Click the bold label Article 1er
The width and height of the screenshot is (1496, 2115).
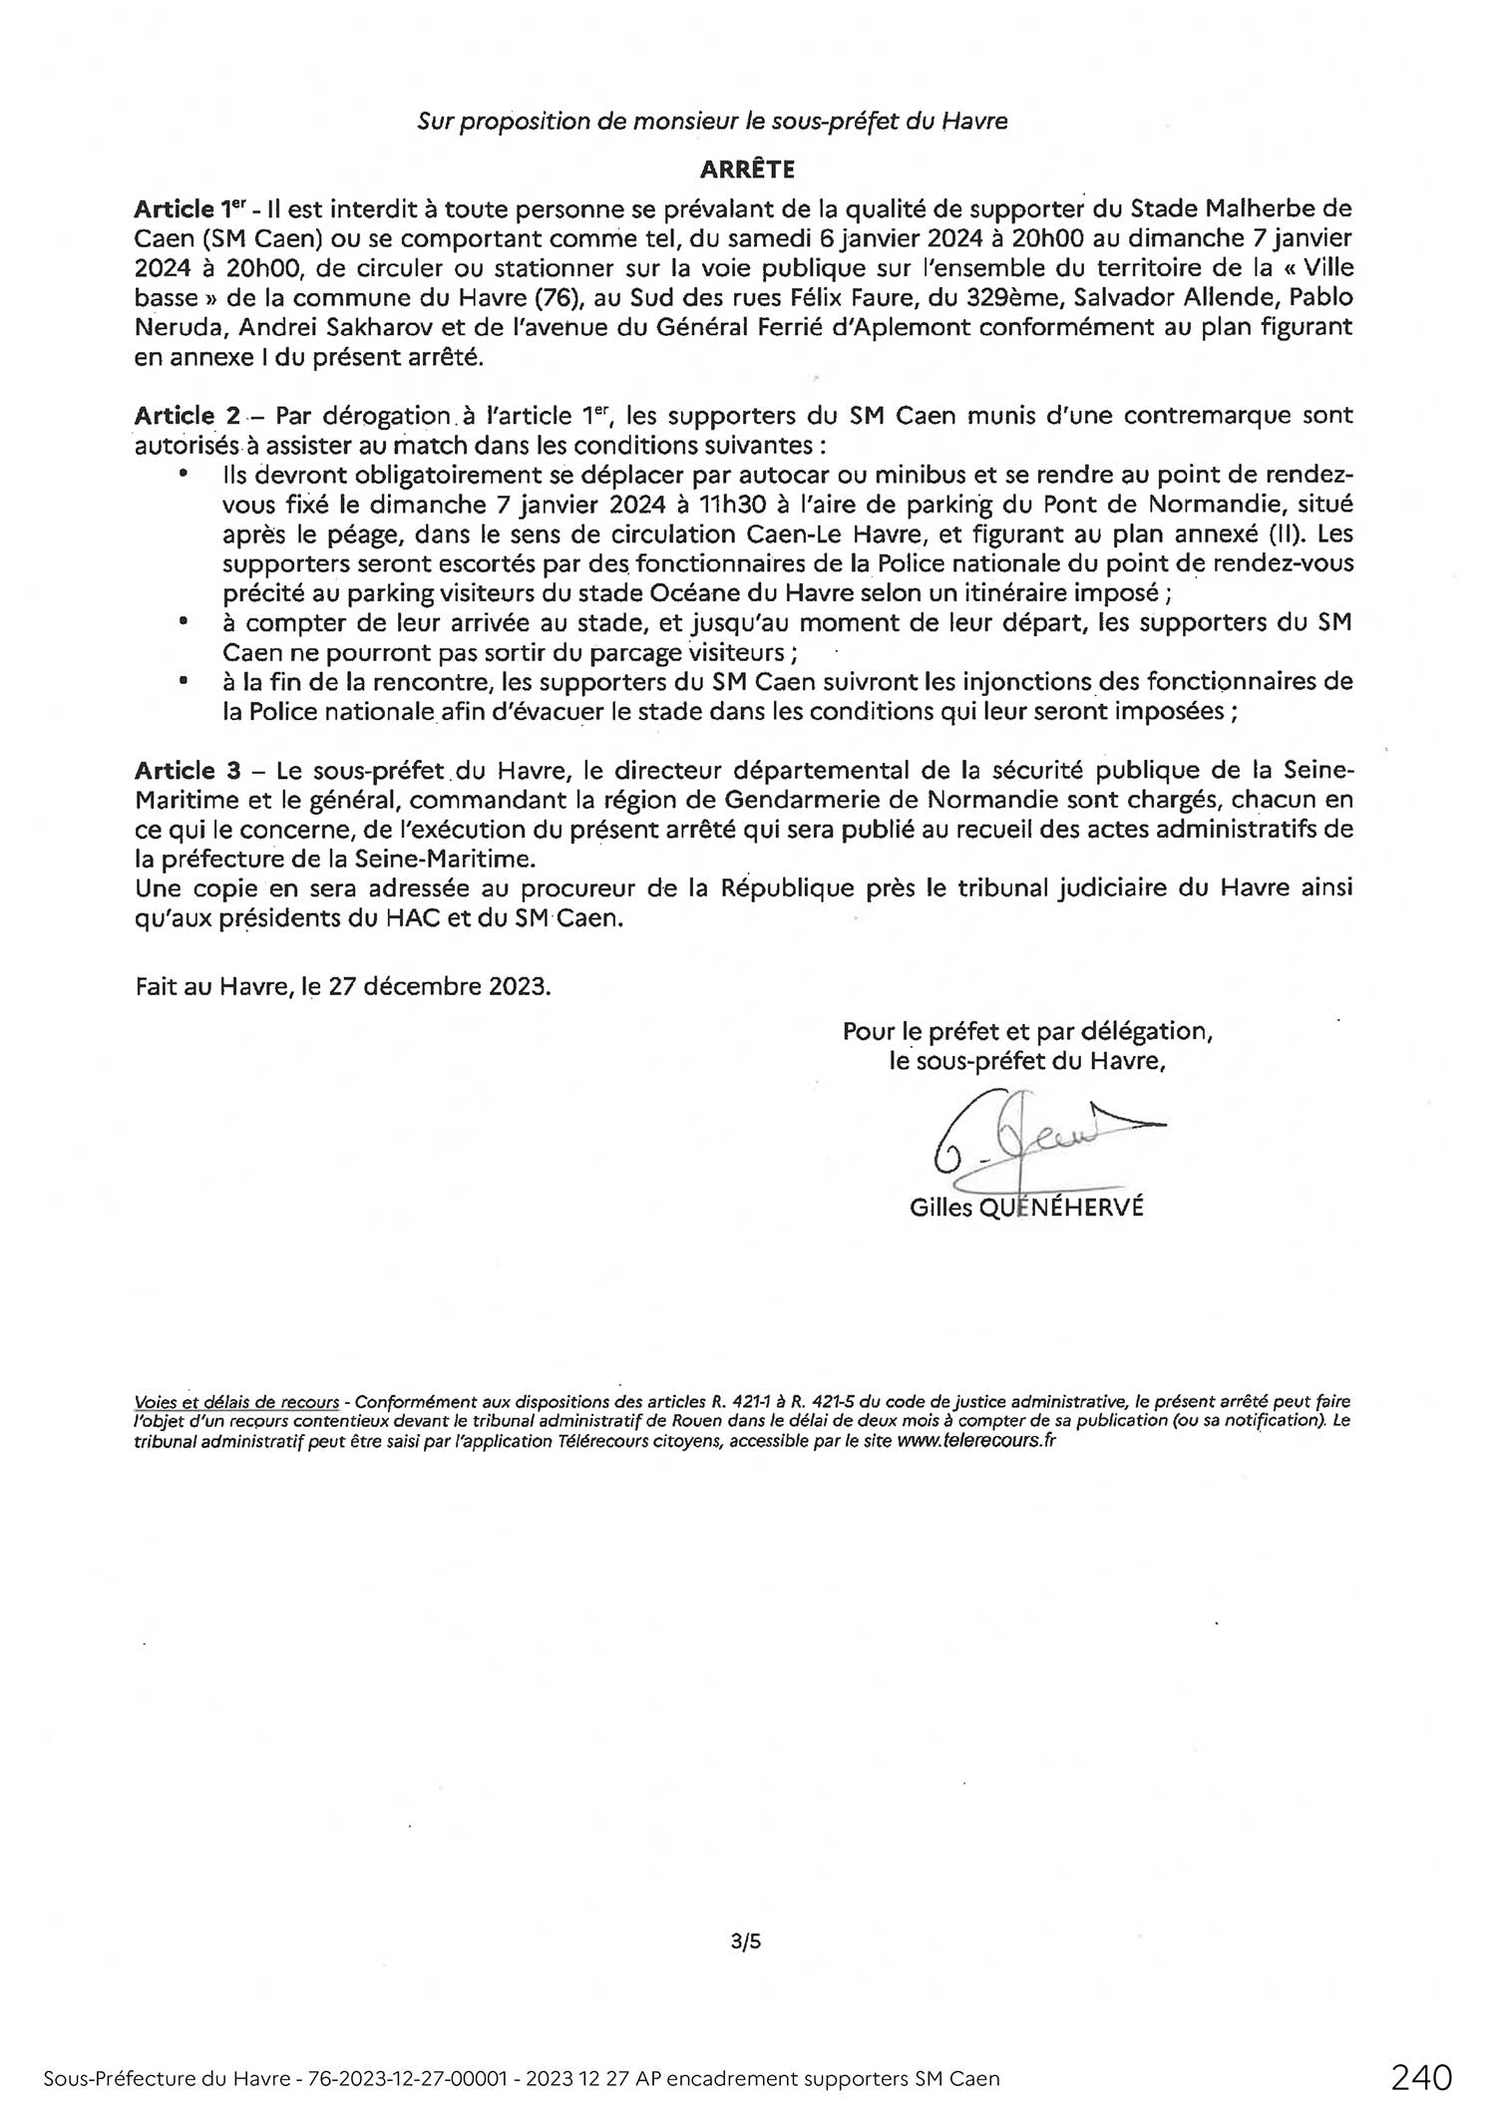189,210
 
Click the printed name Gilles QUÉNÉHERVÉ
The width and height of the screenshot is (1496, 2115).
1026,1208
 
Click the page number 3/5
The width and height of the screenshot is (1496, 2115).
746,1941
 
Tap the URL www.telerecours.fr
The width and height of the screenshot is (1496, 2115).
975,1441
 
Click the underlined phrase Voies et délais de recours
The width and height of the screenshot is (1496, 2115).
236,1402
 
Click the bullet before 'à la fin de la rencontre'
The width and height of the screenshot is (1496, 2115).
183,682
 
